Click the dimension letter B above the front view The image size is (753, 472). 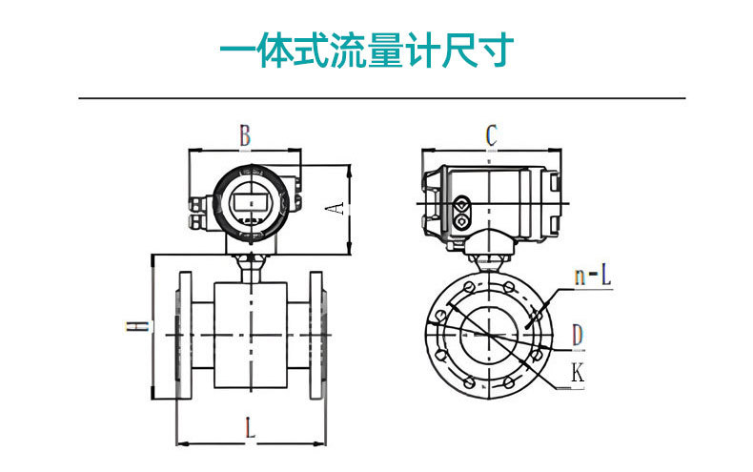[245, 135]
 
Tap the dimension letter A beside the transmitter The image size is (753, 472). [336, 207]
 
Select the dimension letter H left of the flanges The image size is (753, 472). [139, 326]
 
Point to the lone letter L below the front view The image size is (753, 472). [250, 428]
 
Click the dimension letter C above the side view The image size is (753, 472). [491, 135]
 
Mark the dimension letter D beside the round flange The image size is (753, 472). [577, 335]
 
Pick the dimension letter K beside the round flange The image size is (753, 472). [577, 373]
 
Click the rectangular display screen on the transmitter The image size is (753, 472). [249, 202]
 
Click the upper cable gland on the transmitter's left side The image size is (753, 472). [199, 203]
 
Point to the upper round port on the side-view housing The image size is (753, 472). [462, 204]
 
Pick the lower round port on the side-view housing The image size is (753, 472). [462, 222]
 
